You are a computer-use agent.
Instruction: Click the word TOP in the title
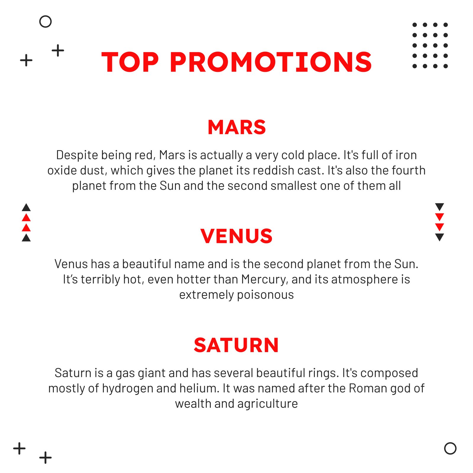click(130, 62)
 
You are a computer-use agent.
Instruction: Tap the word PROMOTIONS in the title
click(271, 62)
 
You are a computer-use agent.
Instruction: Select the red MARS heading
click(237, 127)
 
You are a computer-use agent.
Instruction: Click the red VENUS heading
click(237, 236)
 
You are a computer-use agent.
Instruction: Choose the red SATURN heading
click(237, 345)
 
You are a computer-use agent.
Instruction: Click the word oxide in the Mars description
click(60, 171)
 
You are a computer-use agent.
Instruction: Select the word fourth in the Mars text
click(409, 171)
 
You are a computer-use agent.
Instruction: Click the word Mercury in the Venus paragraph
click(264, 280)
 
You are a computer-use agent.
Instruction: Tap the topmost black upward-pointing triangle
click(26, 207)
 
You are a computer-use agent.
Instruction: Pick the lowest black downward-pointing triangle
click(440, 237)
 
